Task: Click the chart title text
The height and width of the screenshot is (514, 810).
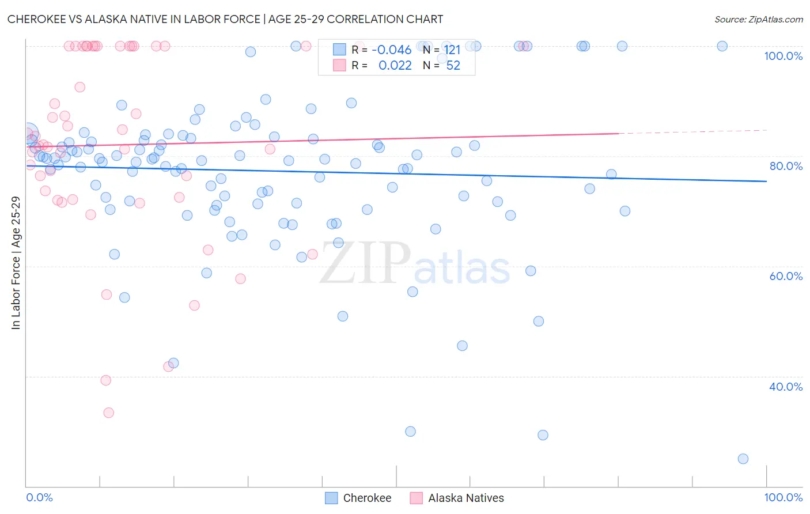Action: point(225,19)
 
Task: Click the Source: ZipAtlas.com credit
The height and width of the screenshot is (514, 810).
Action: point(758,19)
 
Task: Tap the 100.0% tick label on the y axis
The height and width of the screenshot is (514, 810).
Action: point(783,56)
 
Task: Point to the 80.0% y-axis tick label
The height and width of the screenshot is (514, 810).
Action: point(786,166)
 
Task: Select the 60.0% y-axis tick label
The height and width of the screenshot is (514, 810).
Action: point(786,276)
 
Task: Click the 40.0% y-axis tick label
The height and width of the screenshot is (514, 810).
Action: point(786,387)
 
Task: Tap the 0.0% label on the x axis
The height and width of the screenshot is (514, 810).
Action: point(39,497)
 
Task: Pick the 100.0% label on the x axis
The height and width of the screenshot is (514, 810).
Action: point(783,497)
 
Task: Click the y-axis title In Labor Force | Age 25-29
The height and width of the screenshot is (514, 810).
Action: point(16,263)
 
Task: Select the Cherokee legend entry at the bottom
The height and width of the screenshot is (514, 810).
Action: point(358,498)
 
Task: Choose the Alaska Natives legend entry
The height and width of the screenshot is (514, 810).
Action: point(457,498)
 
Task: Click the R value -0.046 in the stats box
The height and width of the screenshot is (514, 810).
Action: point(391,50)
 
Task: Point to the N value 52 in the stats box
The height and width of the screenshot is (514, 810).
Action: point(453,66)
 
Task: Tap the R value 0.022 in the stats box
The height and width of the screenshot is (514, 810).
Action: point(395,66)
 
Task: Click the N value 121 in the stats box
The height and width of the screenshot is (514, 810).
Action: point(452,50)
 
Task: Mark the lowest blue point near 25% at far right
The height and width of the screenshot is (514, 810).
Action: point(743,459)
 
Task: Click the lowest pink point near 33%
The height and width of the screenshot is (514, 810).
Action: point(108,413)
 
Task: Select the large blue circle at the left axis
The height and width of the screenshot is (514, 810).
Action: point(27,134)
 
